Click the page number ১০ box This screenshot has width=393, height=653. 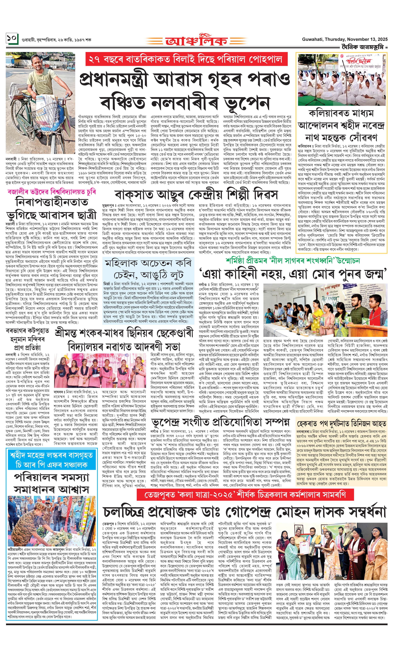pos(12,39)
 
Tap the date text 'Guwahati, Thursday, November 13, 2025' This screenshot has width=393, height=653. pos(345,39)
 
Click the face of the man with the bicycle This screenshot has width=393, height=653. pos(38,62)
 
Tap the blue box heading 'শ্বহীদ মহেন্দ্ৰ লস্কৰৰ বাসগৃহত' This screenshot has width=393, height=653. pos(52,455)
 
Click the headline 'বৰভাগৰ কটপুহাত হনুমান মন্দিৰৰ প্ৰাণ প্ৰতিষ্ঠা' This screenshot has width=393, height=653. pos(27,339)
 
